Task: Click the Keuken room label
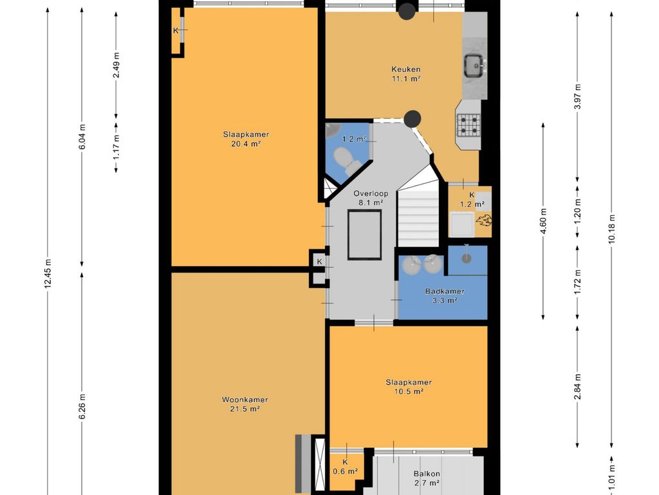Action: [405, 70]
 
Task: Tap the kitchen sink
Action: [475, 66]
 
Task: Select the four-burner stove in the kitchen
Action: [469, 125]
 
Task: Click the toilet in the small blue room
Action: [346, 160]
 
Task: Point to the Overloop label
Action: [370, 193]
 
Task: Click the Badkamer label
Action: [445, 291]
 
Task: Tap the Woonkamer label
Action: [245, 400]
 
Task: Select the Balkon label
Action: [427, 474]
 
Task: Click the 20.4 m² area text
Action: [246, 144]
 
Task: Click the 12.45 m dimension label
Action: [48, 273]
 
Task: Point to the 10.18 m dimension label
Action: [611, 228]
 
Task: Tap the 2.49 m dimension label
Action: [116, 65]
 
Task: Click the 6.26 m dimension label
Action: [82, 406]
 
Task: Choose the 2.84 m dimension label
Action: [577, 386]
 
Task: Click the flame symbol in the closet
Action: [483, 220]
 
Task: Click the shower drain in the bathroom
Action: [466, 258]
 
